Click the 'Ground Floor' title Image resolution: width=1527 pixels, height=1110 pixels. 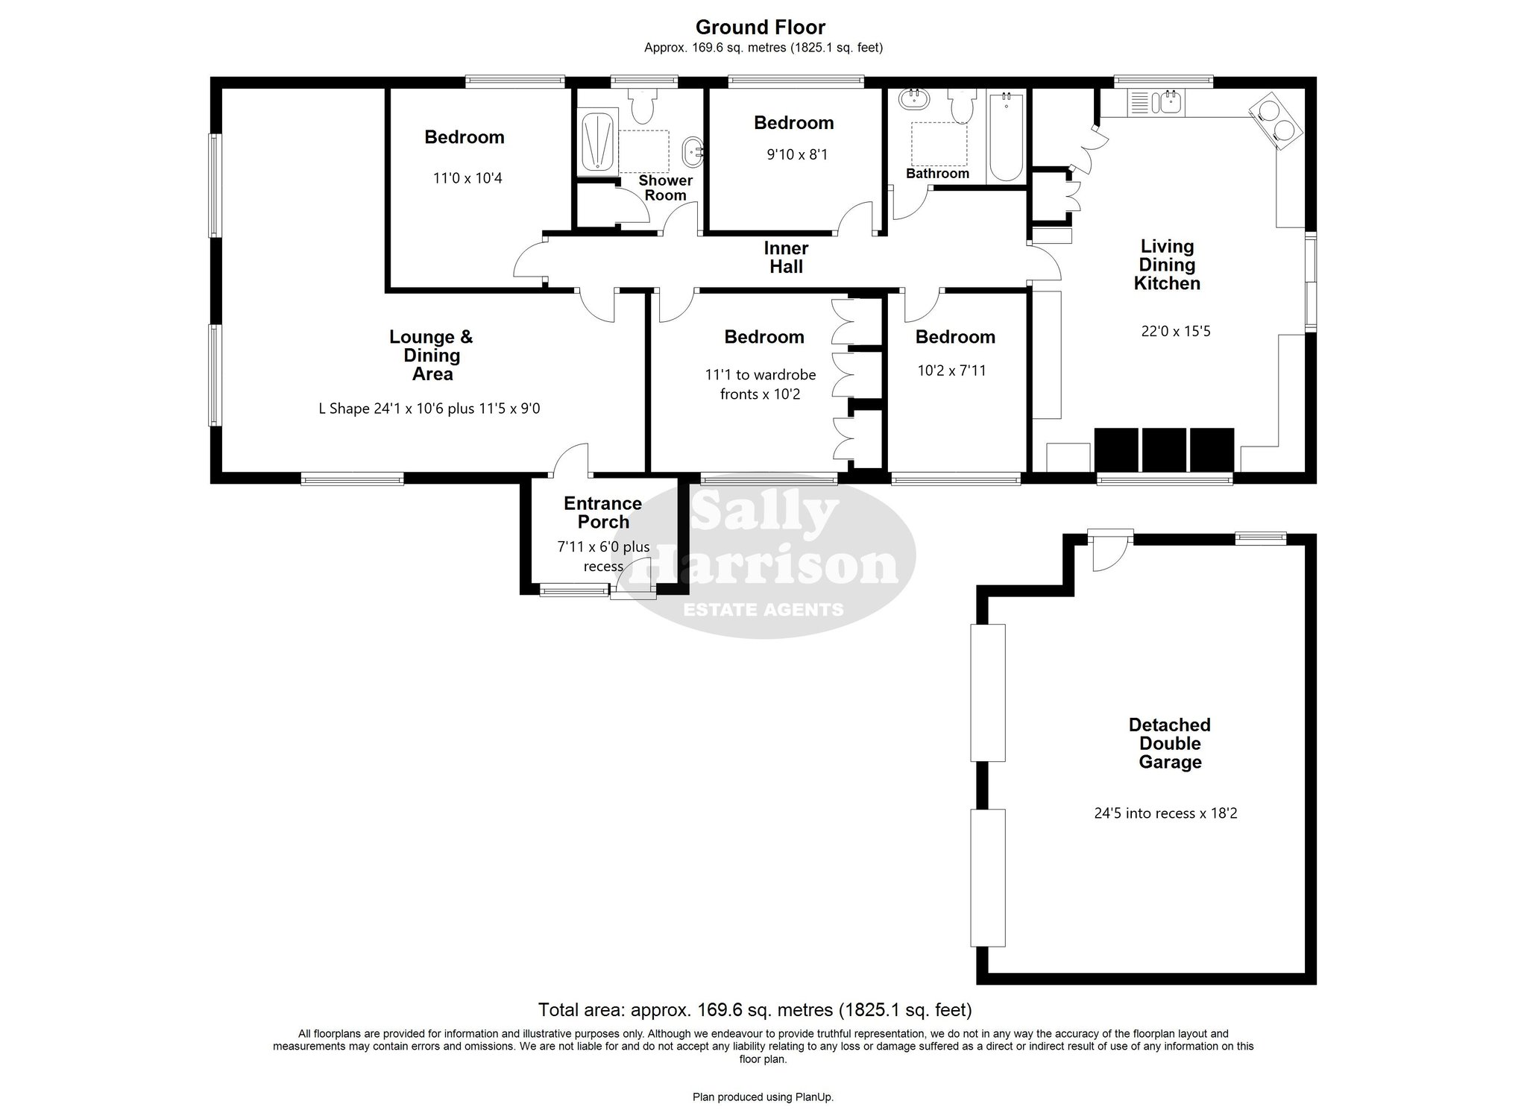point(761,28)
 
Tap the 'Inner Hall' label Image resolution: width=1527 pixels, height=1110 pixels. point(786,257)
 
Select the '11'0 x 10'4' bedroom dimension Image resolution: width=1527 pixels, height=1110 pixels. point(467,178)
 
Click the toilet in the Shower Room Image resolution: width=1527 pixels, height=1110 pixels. point(641,107)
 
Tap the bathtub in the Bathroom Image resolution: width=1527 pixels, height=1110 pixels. point(1007,136)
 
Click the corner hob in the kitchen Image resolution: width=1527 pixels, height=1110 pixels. point(1276,121)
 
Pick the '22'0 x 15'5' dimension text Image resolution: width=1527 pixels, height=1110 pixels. point(1176,331)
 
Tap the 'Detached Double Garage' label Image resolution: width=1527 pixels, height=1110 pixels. point(1169,743)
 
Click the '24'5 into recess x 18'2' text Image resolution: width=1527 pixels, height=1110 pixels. point(1165,813)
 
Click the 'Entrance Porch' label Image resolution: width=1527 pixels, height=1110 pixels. point(602,513)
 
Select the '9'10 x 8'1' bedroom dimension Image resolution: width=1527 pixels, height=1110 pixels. point(797,155)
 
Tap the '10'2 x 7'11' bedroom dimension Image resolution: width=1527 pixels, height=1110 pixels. point(951,370)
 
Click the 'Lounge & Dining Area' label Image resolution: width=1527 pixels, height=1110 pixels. point(432,356)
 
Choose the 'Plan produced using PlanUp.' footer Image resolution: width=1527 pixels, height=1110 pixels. point(763,1097)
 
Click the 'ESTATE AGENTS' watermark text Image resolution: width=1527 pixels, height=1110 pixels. point(763,610)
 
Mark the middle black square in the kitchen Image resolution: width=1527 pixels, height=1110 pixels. point(1163,450)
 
